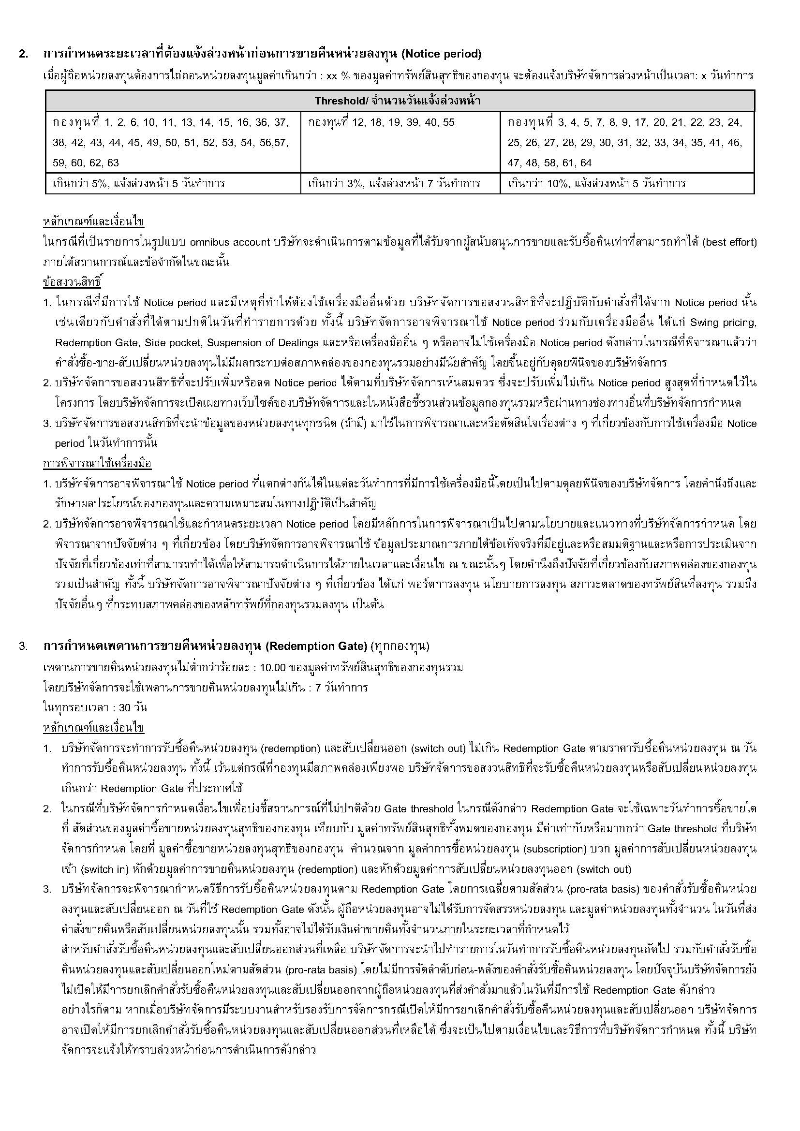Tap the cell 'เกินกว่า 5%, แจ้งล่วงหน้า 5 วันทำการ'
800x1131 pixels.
[x=138, y=184]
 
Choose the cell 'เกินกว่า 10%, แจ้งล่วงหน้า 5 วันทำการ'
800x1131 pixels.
[x=596, y=184]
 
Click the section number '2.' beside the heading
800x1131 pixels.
[x=23, y=54]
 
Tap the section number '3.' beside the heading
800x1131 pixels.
[x=23, y=646]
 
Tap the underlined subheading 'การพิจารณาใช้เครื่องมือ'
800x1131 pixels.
[x=97, y=464]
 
